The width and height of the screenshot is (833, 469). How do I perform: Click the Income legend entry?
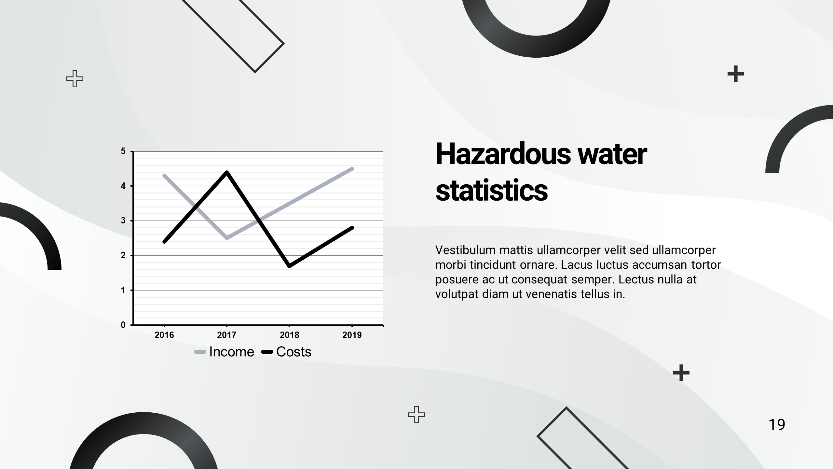[224, 352]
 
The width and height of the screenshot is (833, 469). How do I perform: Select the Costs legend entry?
[286, 352]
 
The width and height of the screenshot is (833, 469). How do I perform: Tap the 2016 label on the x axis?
[164, 335]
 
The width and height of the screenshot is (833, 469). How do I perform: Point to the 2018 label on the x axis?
[290, 335]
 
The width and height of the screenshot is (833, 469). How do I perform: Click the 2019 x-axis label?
[352, 335]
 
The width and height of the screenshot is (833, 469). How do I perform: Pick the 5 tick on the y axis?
[123, 151]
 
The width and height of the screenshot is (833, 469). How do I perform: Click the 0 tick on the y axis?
[123, 325]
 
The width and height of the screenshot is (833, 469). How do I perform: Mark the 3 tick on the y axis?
[123, 221]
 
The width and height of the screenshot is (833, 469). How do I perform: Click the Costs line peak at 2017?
[227, 172]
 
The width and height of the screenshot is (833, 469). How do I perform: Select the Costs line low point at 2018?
[289, 266]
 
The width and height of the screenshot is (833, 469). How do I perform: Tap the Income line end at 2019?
[352, 169]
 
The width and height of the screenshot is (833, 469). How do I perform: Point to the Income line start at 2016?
[164, 176]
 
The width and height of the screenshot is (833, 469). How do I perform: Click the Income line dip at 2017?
[227, 238]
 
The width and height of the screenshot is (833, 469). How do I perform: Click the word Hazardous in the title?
[503, 154]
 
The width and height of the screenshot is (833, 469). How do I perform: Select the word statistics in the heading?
[492, 191]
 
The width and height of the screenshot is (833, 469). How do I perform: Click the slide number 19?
[777, 425]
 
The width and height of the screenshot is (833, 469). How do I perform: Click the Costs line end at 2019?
[352, 228]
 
